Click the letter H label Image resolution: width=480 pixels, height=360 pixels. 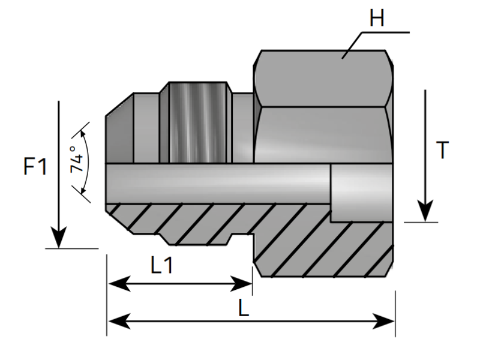click(x=377, y=18)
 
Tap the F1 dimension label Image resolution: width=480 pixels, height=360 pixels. click(x=35, y=167)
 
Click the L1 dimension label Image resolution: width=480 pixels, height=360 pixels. click(x=162, y=265)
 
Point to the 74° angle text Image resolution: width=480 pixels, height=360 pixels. click(x=77, y=159)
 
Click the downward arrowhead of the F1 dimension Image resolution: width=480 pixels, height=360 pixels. click(x=58, y=238)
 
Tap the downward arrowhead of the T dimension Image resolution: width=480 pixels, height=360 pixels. click(x=425, y=211)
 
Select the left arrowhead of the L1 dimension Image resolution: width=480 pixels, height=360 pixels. click(x=119, y=284)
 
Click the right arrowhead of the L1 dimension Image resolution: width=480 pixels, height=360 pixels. click(x=241, y=284)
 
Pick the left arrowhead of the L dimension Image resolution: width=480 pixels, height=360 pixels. click(x=119, y=322)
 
